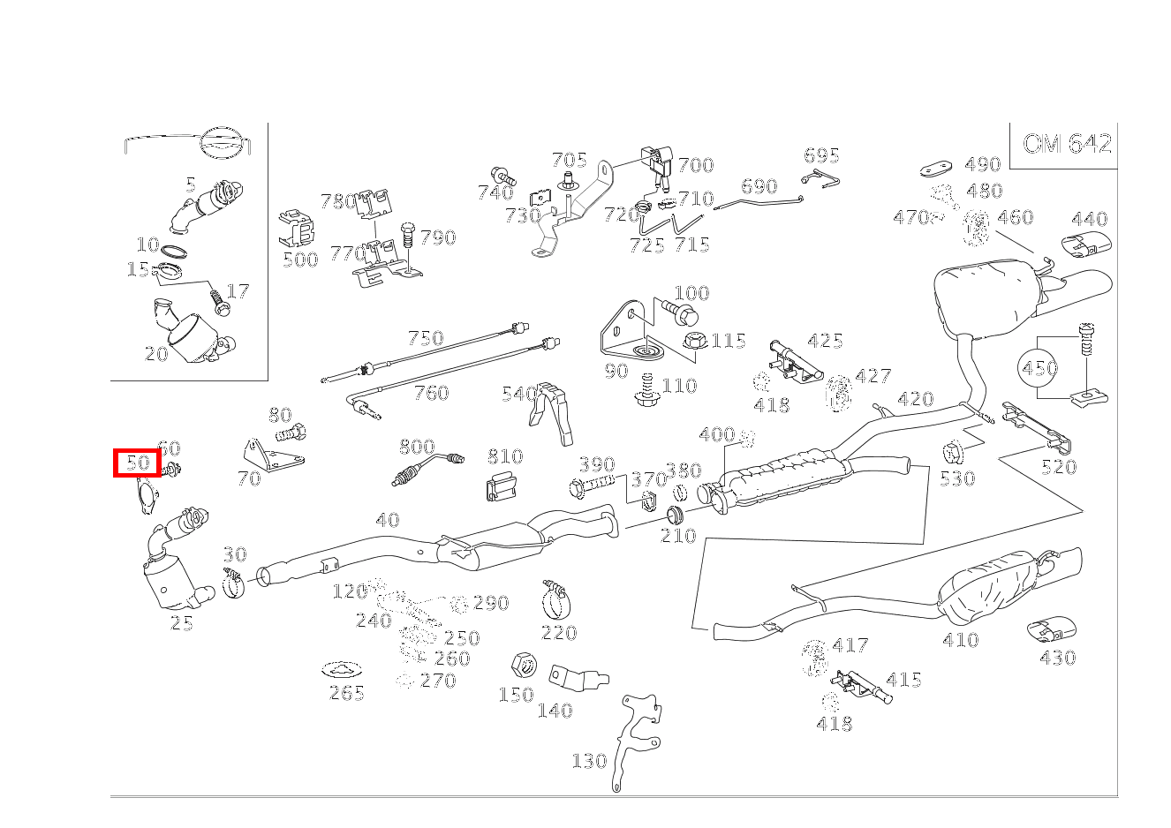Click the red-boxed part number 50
[137, 463]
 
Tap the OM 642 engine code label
[1067, 144]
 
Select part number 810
[504, 456]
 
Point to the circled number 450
[1039, 367]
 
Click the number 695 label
[821, 156]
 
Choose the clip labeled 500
[298, 230]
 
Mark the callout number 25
[181, 623]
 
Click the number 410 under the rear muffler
[960, 640]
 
